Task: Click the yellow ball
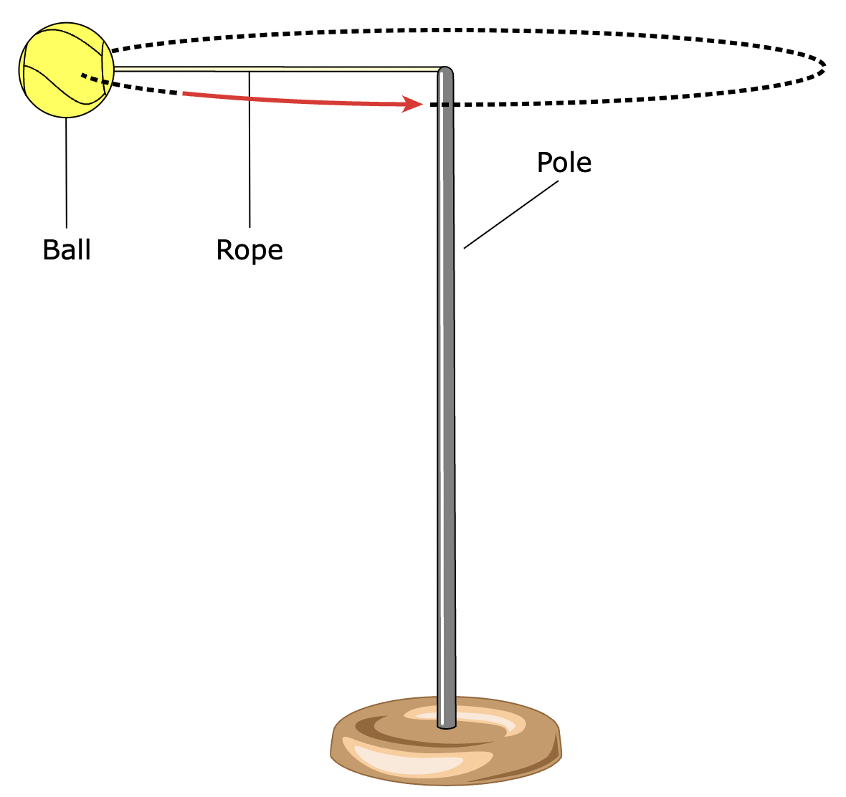[66, 70]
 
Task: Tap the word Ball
[67, 250]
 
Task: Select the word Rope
[249, 250]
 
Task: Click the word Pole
[564, 163]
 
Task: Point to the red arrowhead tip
[422, 105]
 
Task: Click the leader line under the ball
[67, 172]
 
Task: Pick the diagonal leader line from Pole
[510, 215]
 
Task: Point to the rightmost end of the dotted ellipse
[825, 66]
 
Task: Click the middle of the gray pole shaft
[446, 394]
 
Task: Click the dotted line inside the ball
[93, 78]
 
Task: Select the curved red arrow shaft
[301, 101]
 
